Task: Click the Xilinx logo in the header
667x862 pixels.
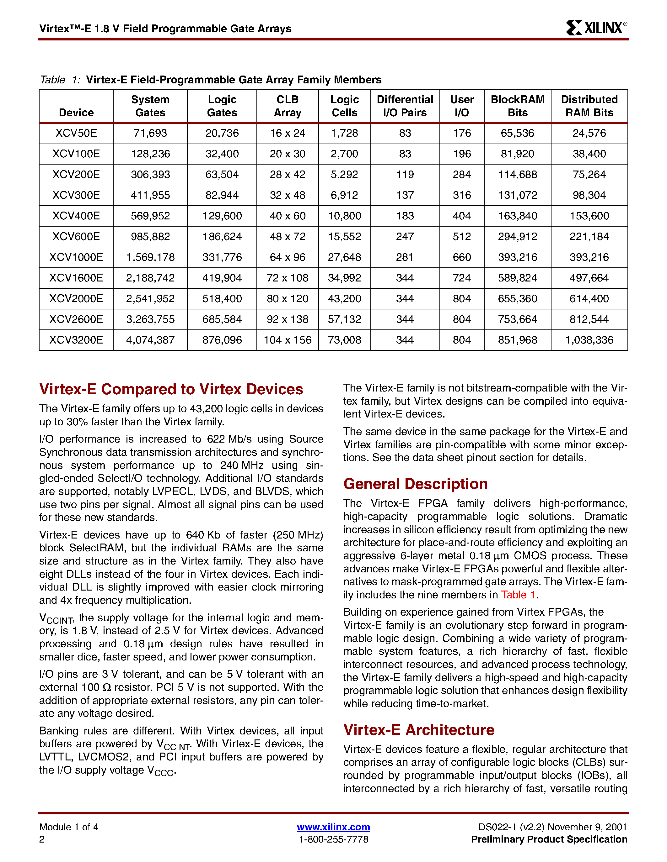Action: pos(596,28)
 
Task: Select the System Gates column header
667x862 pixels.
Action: pos(150,106)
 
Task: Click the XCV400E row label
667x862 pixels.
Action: pos(76,216)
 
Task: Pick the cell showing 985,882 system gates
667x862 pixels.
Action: pos(150,236)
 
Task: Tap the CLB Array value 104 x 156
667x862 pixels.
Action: pos(287,340)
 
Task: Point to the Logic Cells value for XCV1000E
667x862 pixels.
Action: pos(344,257)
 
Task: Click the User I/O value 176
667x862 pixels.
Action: pos(461,133)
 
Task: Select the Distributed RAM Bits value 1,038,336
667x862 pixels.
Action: pos(589,340)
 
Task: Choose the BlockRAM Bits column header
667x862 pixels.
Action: pos(517,106)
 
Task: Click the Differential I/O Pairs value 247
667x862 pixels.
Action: pos(405,236)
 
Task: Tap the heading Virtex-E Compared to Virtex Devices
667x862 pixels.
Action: pos(171,389)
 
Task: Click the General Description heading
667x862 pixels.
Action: pos(415,484)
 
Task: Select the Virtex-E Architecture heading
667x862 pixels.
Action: pos(418,730)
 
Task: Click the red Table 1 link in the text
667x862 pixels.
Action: pos(518,595)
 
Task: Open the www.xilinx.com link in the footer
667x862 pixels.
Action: pos(333,827)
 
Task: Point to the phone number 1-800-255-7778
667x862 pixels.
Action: pos(333,839)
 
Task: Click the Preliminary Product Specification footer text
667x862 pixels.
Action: pos(549,839)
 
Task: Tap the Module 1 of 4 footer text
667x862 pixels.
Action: pos(69,827)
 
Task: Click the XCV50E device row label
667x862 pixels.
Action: pos(76,133)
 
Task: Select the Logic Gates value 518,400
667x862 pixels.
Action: pos(222,298)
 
